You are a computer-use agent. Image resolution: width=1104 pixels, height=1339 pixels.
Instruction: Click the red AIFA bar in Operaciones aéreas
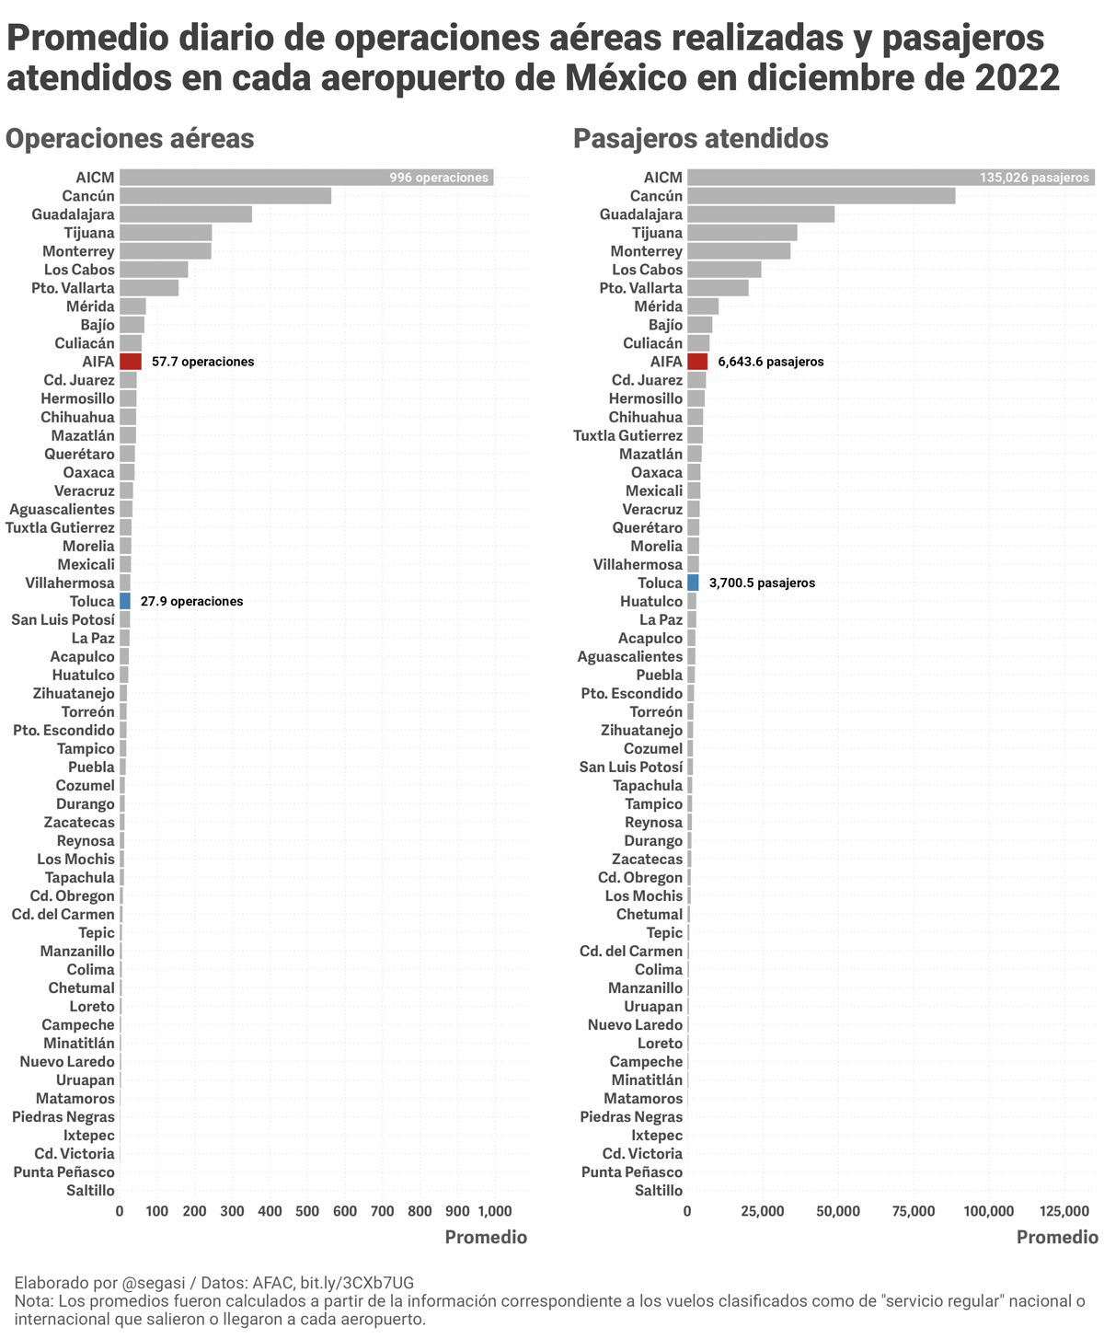(131, 362)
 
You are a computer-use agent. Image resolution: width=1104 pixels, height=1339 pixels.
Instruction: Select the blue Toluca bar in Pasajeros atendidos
(693, 583)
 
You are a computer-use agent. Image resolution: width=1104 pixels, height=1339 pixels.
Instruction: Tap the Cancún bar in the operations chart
(225, 196)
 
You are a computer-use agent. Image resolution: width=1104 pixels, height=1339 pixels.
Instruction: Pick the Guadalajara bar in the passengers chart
(761, 214)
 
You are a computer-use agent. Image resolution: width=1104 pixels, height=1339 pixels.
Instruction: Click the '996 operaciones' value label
(439, 178)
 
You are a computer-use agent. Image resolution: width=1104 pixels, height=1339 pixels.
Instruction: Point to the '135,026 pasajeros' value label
(1035, 178)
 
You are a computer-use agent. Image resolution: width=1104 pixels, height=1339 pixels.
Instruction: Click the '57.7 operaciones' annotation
(203, 362)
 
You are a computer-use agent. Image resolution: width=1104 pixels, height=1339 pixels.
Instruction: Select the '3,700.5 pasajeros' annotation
(762, 583)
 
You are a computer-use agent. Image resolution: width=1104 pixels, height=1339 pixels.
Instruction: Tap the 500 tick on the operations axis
(307, 1211)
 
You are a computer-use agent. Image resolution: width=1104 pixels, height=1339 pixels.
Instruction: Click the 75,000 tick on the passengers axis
(914, 1211)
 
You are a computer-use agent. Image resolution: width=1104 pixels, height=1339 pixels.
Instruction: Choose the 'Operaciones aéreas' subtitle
(130, 139)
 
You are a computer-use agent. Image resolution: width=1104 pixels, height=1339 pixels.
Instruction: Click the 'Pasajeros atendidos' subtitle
(700, 139)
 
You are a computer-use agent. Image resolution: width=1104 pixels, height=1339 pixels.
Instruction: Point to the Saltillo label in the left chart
(91, 1190)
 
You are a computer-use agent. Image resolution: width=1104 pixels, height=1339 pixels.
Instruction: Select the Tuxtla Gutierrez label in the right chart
(628, 435)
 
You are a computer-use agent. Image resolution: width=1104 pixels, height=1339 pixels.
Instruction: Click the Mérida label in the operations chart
(91, 306)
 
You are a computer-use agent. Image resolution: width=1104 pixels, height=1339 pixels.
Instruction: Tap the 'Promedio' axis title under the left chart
(486, 1237)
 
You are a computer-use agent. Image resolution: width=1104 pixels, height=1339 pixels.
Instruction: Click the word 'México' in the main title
(616, 77)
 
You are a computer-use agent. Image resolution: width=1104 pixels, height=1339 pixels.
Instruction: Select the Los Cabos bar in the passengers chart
(724, 270)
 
